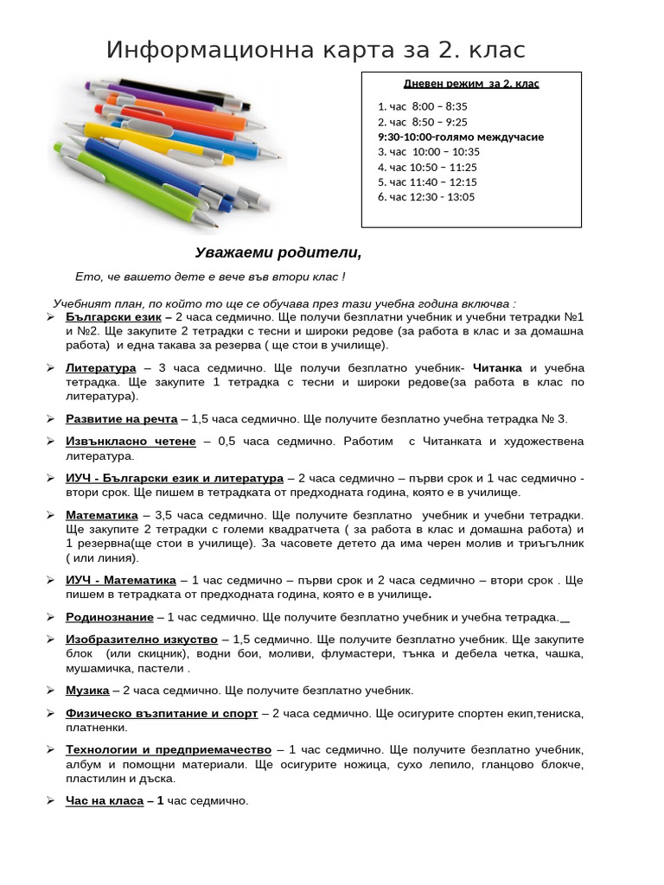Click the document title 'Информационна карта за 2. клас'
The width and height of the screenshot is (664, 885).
pos(316,50)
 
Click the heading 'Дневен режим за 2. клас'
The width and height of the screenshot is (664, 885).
pos(471,84)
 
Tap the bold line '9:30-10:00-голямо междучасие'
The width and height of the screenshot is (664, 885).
pos(461,137)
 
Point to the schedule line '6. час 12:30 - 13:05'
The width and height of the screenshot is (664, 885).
pos(426,197)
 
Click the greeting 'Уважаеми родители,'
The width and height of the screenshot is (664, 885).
pos(278,252)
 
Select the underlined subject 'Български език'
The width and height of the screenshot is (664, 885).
pos(113,317)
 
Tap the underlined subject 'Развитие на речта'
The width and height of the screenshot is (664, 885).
pos(122,419)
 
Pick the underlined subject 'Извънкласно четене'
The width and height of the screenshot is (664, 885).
pos(131,442)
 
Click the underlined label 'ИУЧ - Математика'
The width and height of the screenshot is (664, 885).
pos(121,580)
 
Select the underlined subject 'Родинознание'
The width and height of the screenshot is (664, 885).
pos(110,617)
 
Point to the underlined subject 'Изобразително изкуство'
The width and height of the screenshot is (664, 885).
pos(142,640)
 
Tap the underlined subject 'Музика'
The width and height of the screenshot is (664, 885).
pos(87,691)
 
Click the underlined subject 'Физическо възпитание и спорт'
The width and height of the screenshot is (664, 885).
pos(162,713)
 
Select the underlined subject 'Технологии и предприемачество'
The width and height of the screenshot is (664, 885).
pos(169,749)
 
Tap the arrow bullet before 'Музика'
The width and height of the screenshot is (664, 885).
pos(50,691)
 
